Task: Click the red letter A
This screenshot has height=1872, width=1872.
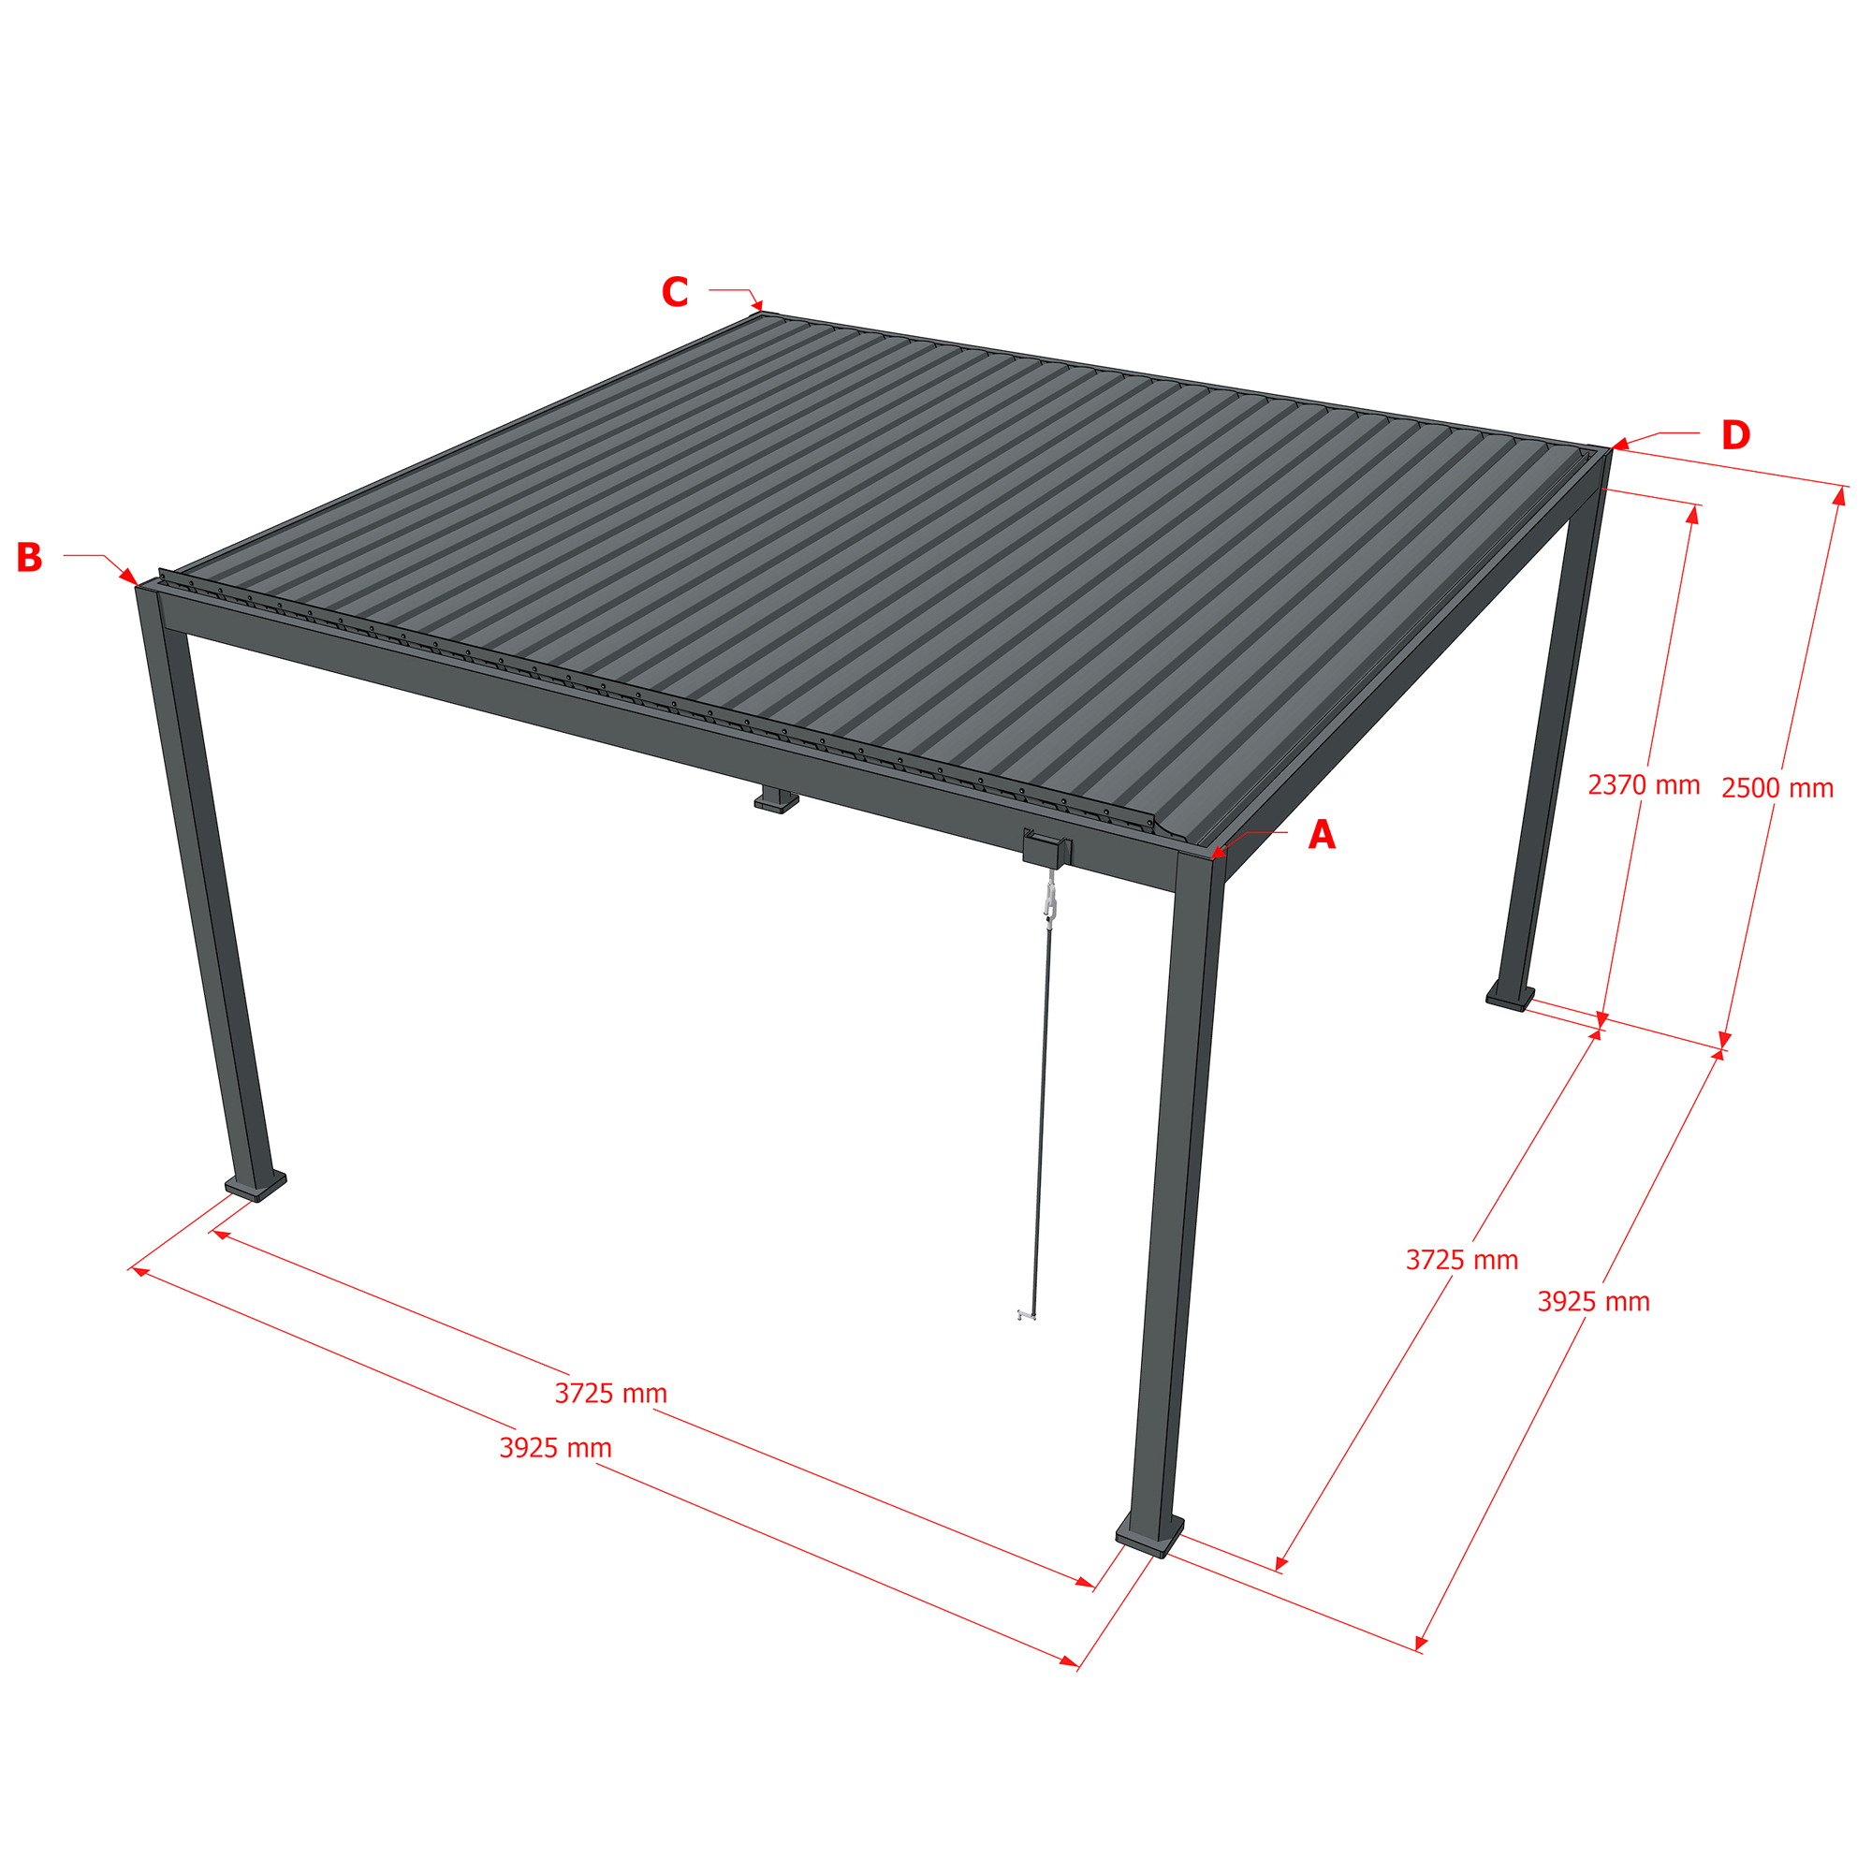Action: tap(1322, 835)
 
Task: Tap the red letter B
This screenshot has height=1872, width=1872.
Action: tap(29, 557)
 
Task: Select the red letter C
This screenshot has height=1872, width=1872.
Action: tap(676, 292)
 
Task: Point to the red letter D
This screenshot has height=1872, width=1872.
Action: tap(1735, 435)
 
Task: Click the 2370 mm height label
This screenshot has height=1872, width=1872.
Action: tap(1644, 785)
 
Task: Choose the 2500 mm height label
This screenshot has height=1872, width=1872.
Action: tap(1777, 788)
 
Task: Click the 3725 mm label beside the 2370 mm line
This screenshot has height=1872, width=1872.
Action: tap(1462, 1260)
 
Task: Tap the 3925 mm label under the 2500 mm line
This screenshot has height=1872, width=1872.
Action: tap(1594, 1301)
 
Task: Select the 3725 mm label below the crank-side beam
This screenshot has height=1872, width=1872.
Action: tap(610, 1394)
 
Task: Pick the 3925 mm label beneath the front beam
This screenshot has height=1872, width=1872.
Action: tap(555, 1448)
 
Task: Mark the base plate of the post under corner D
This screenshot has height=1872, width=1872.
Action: tap(1511, 996)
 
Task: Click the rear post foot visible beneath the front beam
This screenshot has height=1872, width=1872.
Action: tap(777, 801)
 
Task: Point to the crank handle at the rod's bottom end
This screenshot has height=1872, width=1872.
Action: tap(1026, 1315)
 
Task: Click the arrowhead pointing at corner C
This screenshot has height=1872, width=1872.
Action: tap(758, 306)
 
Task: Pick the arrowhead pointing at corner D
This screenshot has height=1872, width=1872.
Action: tap(1620, 445)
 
